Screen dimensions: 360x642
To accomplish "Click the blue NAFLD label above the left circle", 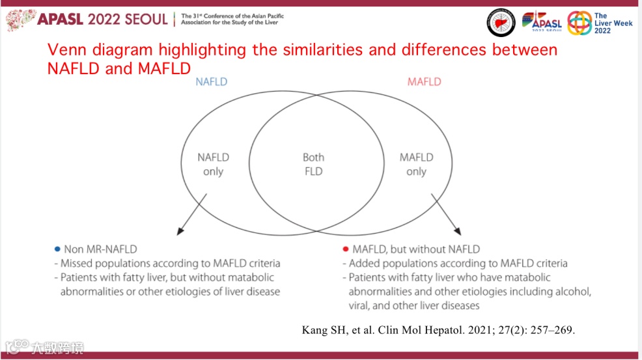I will point(212,82).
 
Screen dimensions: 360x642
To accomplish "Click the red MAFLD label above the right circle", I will point(424,82).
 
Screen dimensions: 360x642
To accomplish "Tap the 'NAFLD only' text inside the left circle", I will point(213,165).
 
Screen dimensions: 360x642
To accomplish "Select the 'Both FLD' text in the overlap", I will point(313,165).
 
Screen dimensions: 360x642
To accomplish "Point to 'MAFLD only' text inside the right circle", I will point(416,165).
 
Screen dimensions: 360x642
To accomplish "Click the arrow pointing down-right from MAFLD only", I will point(447,214).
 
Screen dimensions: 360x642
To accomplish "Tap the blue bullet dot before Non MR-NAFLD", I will point(57,249).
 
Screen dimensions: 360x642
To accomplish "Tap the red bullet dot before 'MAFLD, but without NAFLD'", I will point(345,249).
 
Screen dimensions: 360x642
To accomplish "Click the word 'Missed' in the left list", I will point(77,264).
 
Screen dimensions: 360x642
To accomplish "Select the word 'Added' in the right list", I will point(365,264).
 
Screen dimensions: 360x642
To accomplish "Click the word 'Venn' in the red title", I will point(68,50).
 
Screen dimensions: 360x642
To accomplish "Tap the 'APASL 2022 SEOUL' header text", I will point(102,18).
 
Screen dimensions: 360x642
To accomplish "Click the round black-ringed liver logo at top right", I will point(501,23).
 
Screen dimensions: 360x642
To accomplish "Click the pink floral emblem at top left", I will point(20,19).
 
